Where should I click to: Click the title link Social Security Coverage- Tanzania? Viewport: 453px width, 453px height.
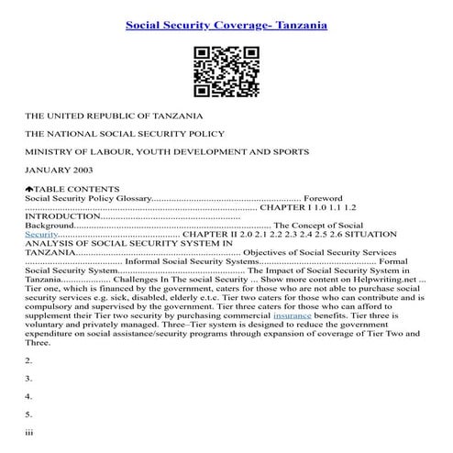pos(226,25)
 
